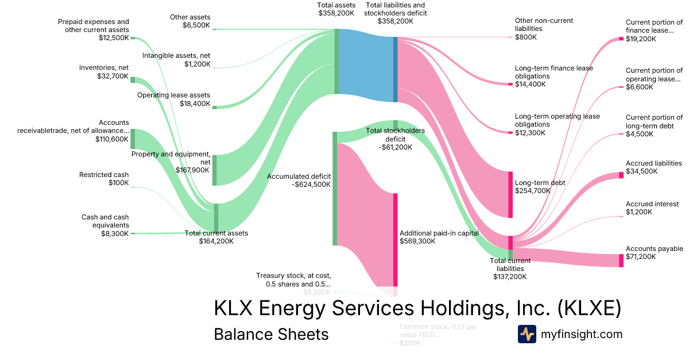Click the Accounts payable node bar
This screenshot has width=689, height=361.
coord(621,261)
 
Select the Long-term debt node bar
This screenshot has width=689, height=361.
coord(510,194)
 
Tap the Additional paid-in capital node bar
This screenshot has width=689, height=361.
coord(395,240)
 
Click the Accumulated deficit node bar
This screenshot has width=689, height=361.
coord(335,189)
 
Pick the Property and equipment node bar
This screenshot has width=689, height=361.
coord(215,170)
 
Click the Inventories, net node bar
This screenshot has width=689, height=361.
coord(133,80)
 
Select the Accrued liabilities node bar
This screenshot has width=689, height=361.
coord(621,175)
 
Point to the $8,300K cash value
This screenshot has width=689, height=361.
coord(113,233)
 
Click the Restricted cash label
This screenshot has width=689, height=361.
coord(104,175)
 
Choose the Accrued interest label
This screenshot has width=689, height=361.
coord(652,204)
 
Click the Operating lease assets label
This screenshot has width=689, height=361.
coord(173,95)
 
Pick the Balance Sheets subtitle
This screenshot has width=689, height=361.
coord(271,334)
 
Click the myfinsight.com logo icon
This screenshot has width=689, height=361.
coord(527,334)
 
